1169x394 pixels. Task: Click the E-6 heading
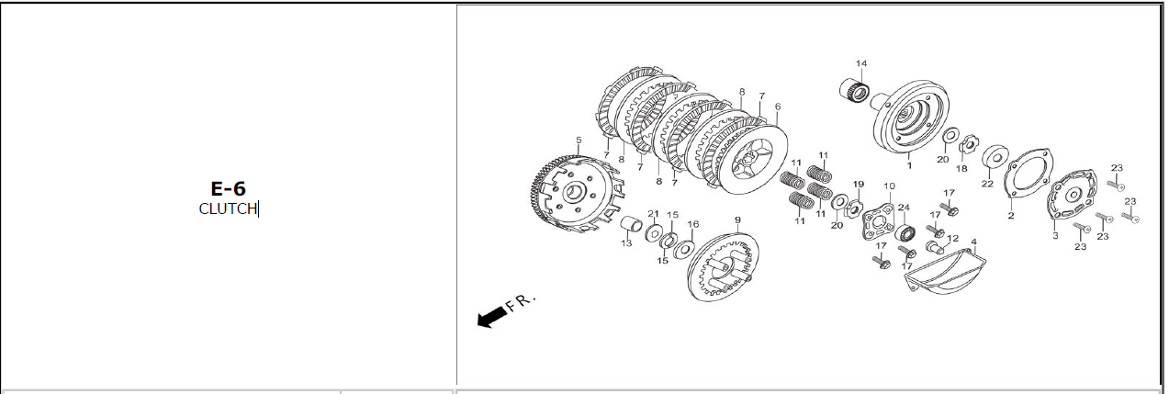[228, 188]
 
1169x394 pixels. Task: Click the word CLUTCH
[228, 208]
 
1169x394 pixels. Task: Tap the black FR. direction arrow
[491, 317]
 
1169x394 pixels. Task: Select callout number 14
[861, 63]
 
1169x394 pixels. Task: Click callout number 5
[579, 141]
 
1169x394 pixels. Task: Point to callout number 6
[778, 107]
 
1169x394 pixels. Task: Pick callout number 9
[737, 220]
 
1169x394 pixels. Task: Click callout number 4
[973, 242]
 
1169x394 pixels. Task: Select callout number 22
[987, 184]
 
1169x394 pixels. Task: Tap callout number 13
[626, 243]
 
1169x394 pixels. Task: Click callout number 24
[904, 208]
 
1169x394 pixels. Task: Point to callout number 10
[889, 186]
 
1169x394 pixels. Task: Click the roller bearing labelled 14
[854, 90]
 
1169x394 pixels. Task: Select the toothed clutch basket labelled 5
[578, 193]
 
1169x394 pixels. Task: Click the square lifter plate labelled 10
[878, 222]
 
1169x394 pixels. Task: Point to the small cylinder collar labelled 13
[631, 224]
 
